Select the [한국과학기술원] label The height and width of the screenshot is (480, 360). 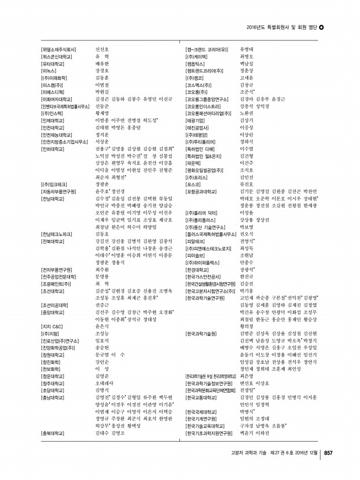pos(201,334)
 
